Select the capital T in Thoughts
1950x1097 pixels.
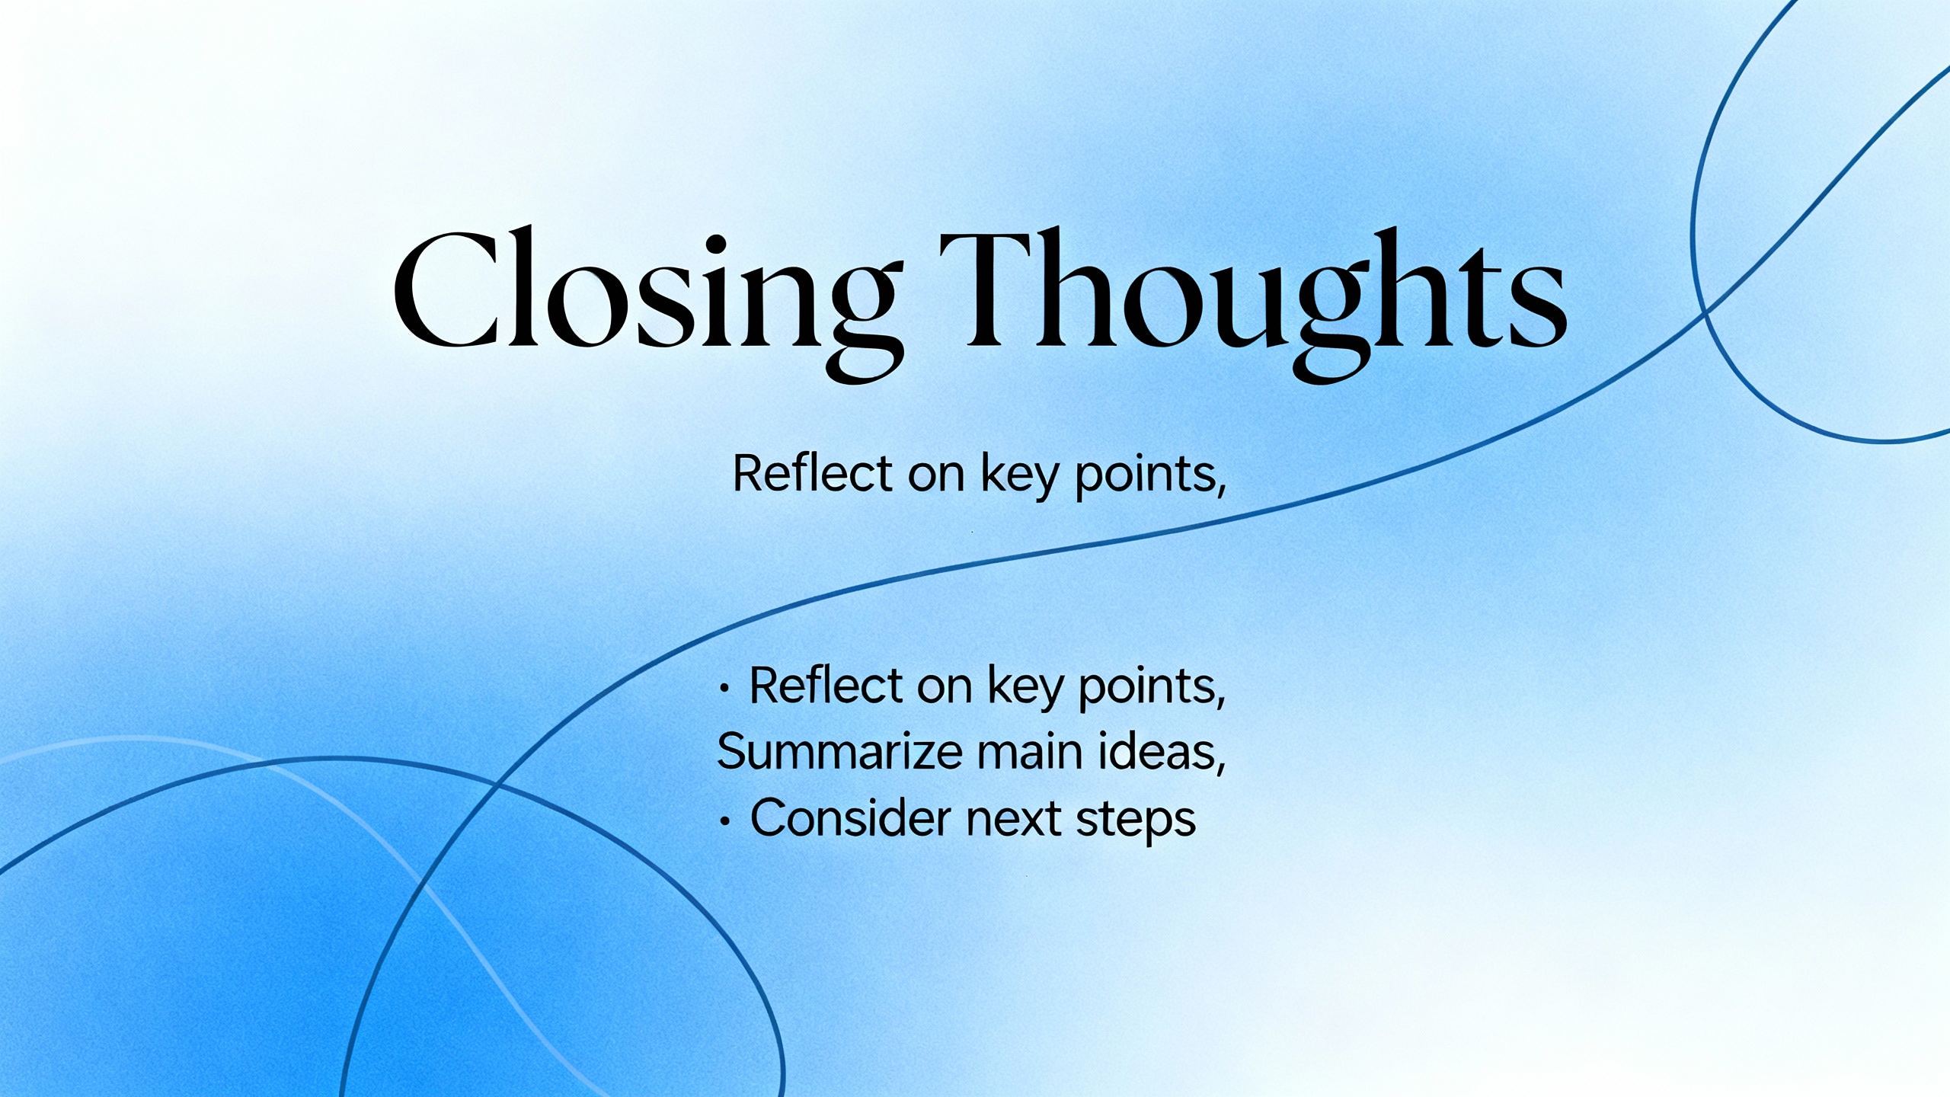coord(990,289)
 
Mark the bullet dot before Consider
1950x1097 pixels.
coord(725,823)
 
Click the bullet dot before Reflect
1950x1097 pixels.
coord(725,689)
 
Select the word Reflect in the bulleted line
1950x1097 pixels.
coord(826,686)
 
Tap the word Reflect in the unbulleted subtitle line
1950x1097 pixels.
coord(812,474)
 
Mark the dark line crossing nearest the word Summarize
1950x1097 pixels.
coord(499,782)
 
